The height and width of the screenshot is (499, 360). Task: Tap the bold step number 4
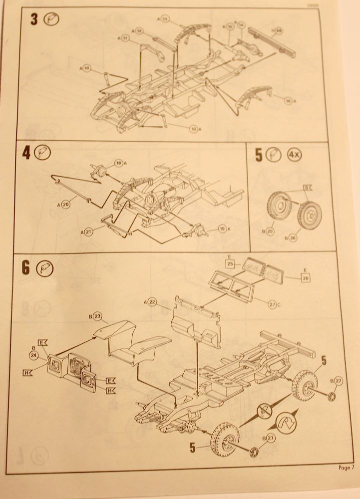point(25,153)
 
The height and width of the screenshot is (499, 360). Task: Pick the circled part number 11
point(125,38)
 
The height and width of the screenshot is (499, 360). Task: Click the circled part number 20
point(67,203)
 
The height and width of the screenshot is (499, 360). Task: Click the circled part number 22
point(153,302)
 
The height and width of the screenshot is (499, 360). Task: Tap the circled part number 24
point(34,355)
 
